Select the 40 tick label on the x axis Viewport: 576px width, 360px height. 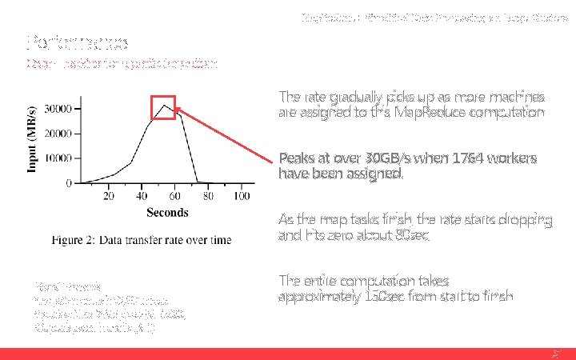(142, 196)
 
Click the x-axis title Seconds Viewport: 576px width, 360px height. (167, 212)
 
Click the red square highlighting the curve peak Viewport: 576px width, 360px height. (164, 106)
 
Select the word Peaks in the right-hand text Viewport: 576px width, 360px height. (296, 158)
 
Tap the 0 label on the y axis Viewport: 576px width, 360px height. (69, 183)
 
